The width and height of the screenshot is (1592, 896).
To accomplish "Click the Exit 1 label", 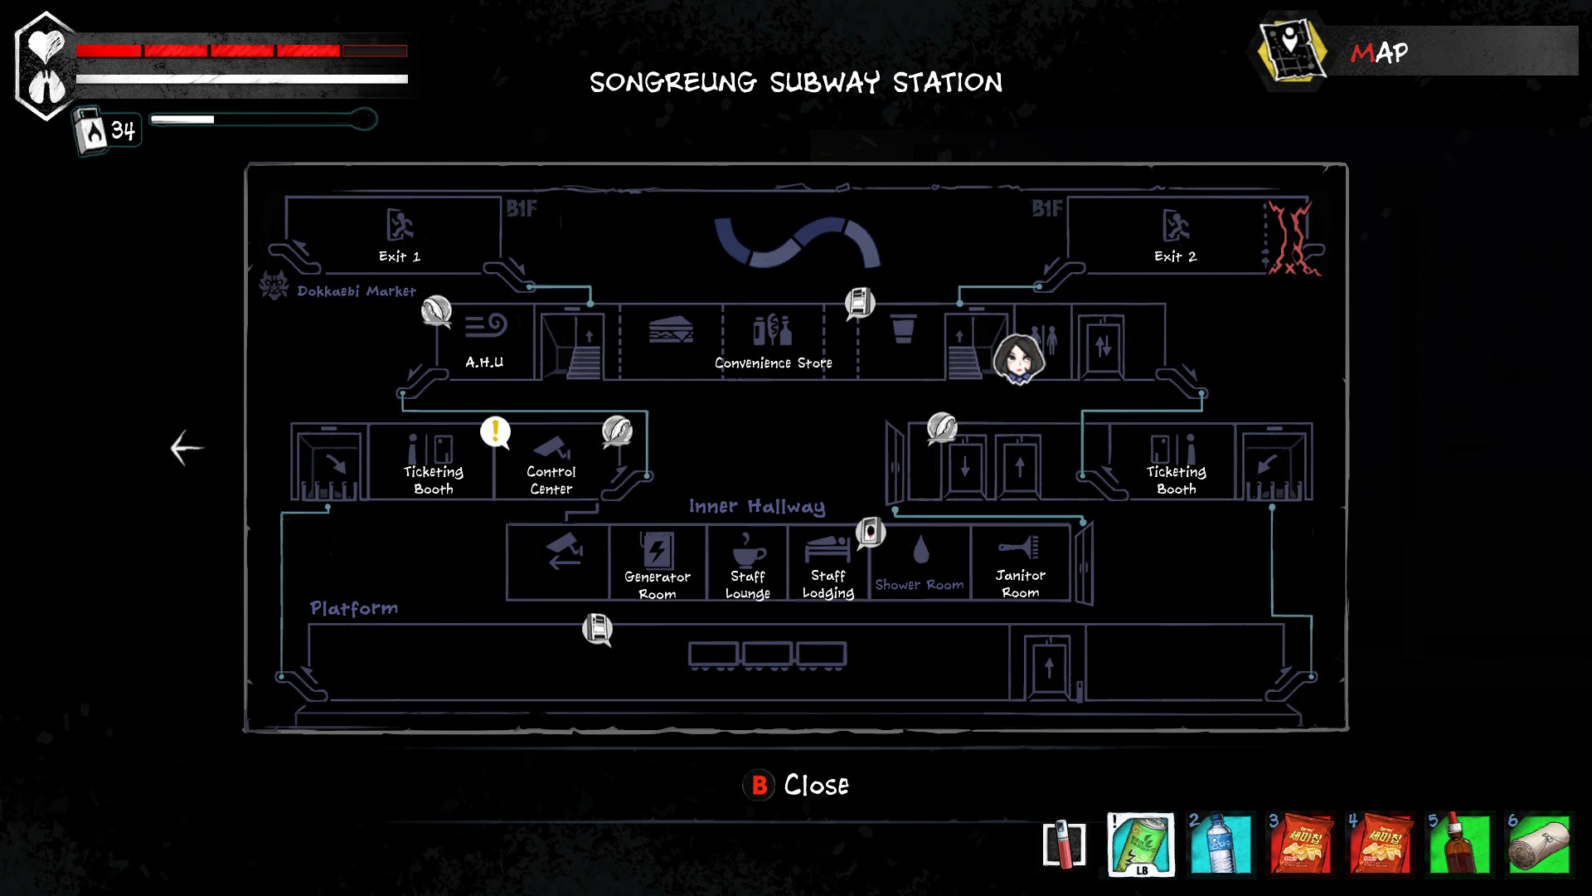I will click(399, 256).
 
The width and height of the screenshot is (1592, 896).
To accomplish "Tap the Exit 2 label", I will click(1175, 256).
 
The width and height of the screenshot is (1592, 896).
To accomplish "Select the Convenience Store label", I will click(773, 363).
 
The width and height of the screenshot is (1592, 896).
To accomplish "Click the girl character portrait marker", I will click(1018, 358).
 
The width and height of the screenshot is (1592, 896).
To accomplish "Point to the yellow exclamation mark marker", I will click(495, 431).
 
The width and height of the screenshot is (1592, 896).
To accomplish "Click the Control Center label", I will click(551, 480).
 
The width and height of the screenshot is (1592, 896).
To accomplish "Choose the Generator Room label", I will click(657, 585).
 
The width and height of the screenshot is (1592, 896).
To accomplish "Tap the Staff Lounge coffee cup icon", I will click(748, 548).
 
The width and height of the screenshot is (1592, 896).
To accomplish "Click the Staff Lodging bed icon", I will click(828, 548).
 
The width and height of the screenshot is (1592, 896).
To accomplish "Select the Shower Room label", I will click(919, 584).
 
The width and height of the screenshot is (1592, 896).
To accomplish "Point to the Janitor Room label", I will click(1020, 583).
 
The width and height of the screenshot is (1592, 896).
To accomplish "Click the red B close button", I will click(759, 785).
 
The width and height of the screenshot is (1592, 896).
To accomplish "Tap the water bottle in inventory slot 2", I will click(1220, 844).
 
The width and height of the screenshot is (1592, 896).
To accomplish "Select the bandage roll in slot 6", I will click(1539, 844).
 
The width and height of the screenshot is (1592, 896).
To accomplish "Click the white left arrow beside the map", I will click(187, 448).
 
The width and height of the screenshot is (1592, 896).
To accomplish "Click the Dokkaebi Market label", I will click(356, 291).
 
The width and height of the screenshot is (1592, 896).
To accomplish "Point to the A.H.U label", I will click(484, 362).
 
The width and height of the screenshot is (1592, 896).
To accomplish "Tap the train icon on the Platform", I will click(767, 655).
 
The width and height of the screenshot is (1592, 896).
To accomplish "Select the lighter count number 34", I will click(123, 130).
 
